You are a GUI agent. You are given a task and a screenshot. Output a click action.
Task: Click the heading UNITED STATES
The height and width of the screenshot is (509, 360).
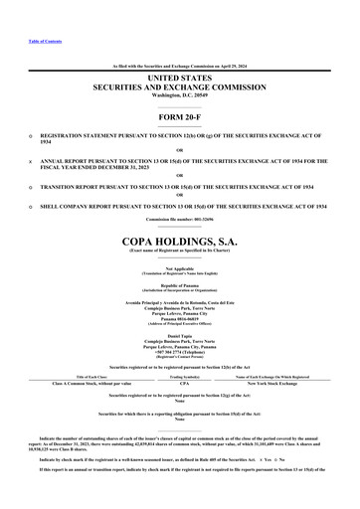point(180,77)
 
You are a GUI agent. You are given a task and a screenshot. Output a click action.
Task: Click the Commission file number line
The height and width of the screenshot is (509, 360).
point(180,218)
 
